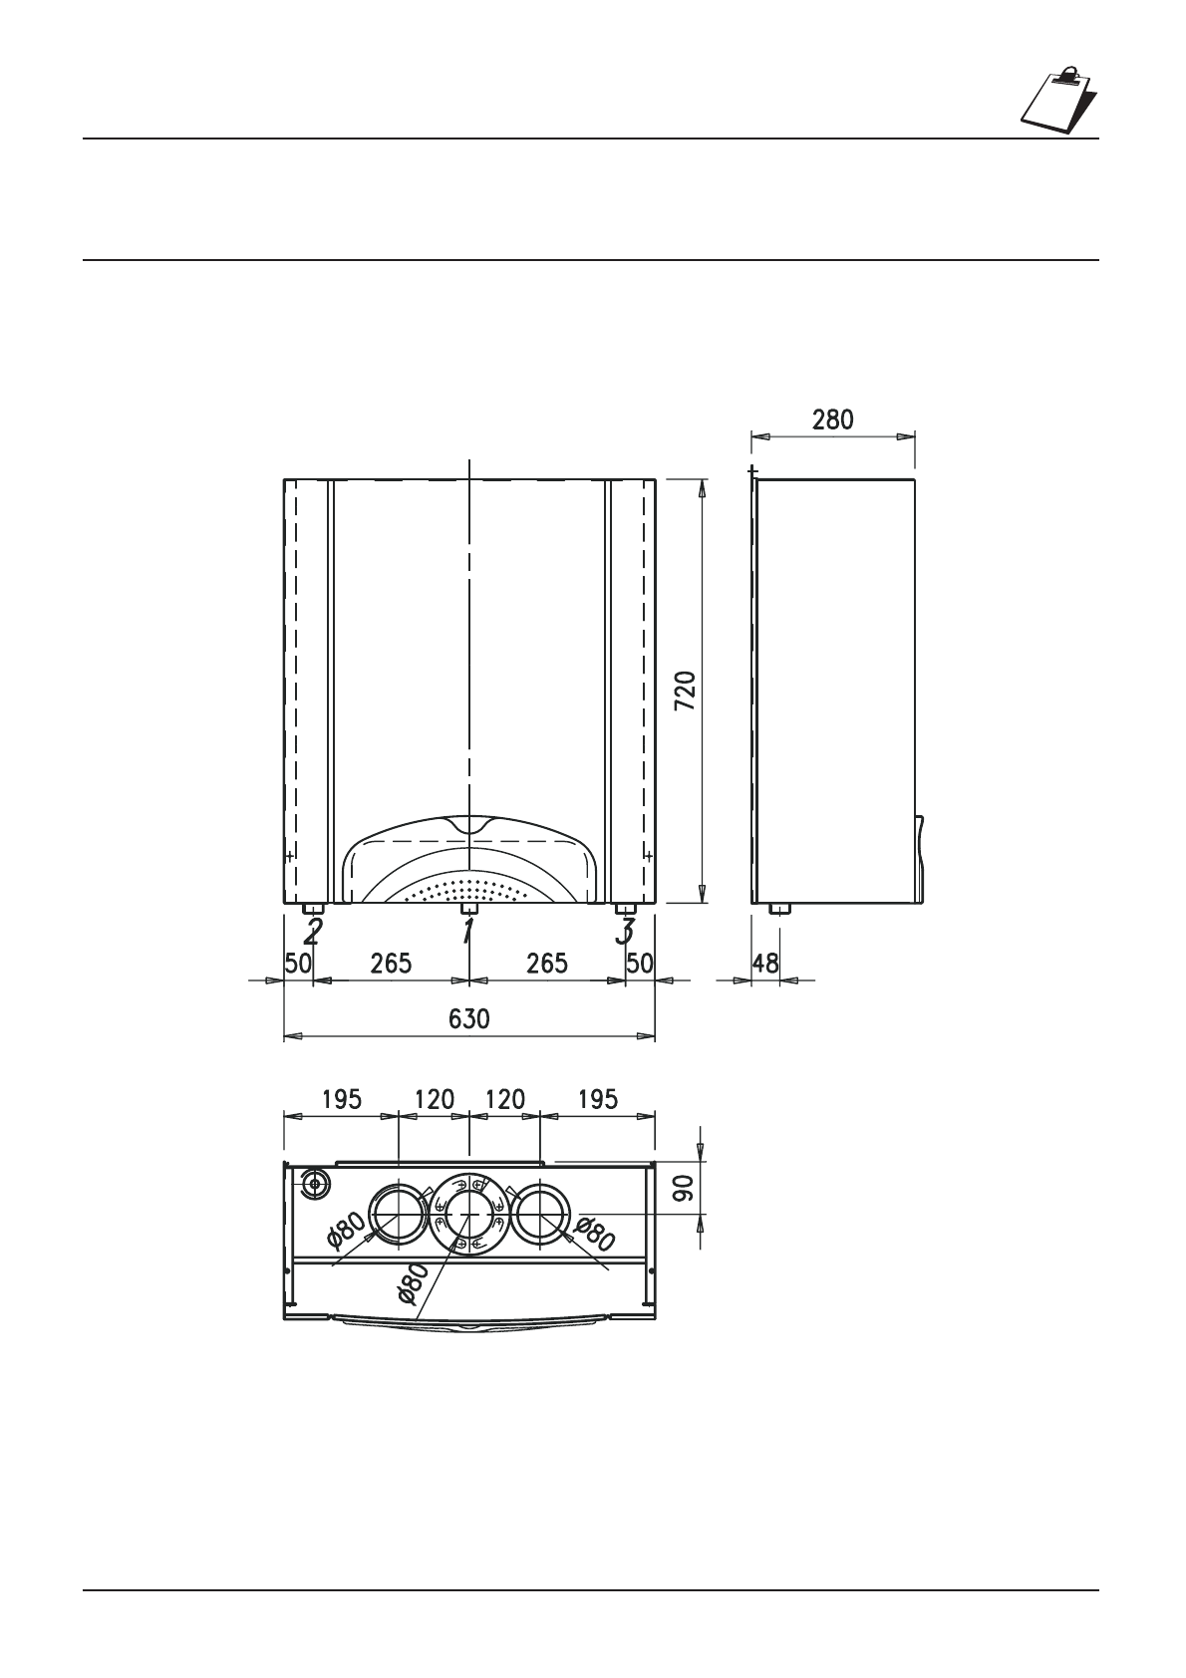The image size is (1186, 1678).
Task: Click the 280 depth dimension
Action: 832,419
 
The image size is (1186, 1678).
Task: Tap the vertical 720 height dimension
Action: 686,691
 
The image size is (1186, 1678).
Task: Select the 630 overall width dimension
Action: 469,1019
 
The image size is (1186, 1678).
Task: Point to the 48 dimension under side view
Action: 764,964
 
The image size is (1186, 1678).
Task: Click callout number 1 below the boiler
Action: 467,934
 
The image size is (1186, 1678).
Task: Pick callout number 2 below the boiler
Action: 313,934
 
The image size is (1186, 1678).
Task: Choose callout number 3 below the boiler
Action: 625,934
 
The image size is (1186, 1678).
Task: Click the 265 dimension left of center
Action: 391,964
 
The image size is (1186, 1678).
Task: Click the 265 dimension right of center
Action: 546,964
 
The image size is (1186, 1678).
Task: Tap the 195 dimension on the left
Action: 342,1100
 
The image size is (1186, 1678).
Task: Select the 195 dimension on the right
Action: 597,1100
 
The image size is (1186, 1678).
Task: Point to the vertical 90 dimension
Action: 683,1188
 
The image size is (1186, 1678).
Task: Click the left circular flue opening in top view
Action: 398,1214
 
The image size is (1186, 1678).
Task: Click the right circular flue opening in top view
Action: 540,1214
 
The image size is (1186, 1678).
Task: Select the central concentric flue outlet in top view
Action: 469,1214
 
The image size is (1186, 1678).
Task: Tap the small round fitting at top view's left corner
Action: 315,1184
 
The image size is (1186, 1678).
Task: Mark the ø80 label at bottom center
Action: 413,1283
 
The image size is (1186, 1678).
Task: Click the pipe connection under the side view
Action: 778,909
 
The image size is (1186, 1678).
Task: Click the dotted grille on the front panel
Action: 468,890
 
